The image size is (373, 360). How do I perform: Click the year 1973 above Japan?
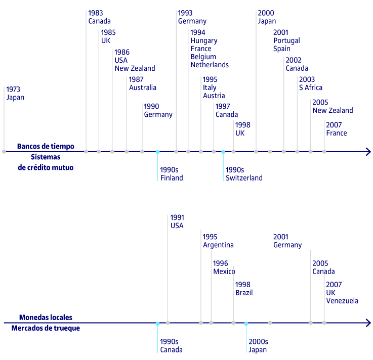click(13, 89)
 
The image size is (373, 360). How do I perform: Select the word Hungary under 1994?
click(204, 40)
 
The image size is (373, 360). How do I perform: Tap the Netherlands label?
click(210, 65)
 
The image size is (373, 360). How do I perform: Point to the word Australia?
click(143, 87)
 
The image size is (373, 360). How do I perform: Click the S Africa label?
click(311, 87)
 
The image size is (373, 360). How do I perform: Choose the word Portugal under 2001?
click(286, 40)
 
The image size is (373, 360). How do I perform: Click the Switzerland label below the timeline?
click(244, 178)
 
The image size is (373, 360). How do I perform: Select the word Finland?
click(172, 178)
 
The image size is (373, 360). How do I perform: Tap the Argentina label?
click(218, 245)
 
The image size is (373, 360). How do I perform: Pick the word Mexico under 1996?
click(224, 272)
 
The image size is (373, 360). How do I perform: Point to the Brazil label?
click(244, 293)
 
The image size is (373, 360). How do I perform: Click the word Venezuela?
click(342, 301)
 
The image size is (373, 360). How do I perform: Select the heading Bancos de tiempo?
click(46, 146)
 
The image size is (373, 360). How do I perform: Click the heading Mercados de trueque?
click(46, 328)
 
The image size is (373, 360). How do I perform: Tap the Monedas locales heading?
click(46, 318)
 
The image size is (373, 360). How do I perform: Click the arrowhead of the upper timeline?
click(369, 152)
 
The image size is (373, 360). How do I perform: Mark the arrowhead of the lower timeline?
click(369, 323)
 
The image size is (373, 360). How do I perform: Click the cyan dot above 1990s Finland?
click(157, 152)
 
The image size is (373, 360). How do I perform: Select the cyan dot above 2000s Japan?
click(246, 324)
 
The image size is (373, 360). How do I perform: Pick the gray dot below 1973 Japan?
click(4, 152)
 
